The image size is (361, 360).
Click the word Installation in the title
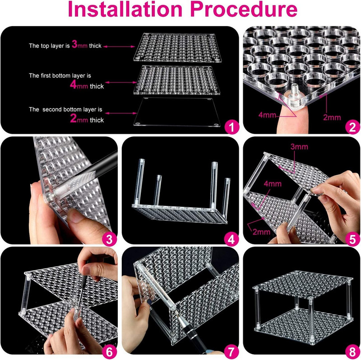click(125, 9)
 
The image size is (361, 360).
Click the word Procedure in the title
click(244, 9)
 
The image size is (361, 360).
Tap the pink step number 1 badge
click(231, 127)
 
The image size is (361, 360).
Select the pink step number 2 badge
click(352, 127)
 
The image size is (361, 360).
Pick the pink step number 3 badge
click(109, 239)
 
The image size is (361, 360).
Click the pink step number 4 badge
click(231, 239)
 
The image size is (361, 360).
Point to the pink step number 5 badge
click(352, 239)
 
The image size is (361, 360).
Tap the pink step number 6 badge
click(109, 352)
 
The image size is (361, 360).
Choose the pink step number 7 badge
click(231, 352)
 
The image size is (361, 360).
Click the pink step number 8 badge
click(352, 352)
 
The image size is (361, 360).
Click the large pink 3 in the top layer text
click(74, 44)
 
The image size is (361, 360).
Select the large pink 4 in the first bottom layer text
click(73, 84)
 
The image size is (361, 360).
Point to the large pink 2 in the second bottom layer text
click(73, 118)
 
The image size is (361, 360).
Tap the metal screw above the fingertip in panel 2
click(294, 91)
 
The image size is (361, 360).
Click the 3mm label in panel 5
click(299, 147)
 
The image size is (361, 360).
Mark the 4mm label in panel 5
click(273, 184)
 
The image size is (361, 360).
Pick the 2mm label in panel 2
click(332, 117)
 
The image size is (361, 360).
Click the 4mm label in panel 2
click(267, 115)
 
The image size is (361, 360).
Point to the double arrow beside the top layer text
click(119, 47)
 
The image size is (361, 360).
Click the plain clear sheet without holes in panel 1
click(176, 112)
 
